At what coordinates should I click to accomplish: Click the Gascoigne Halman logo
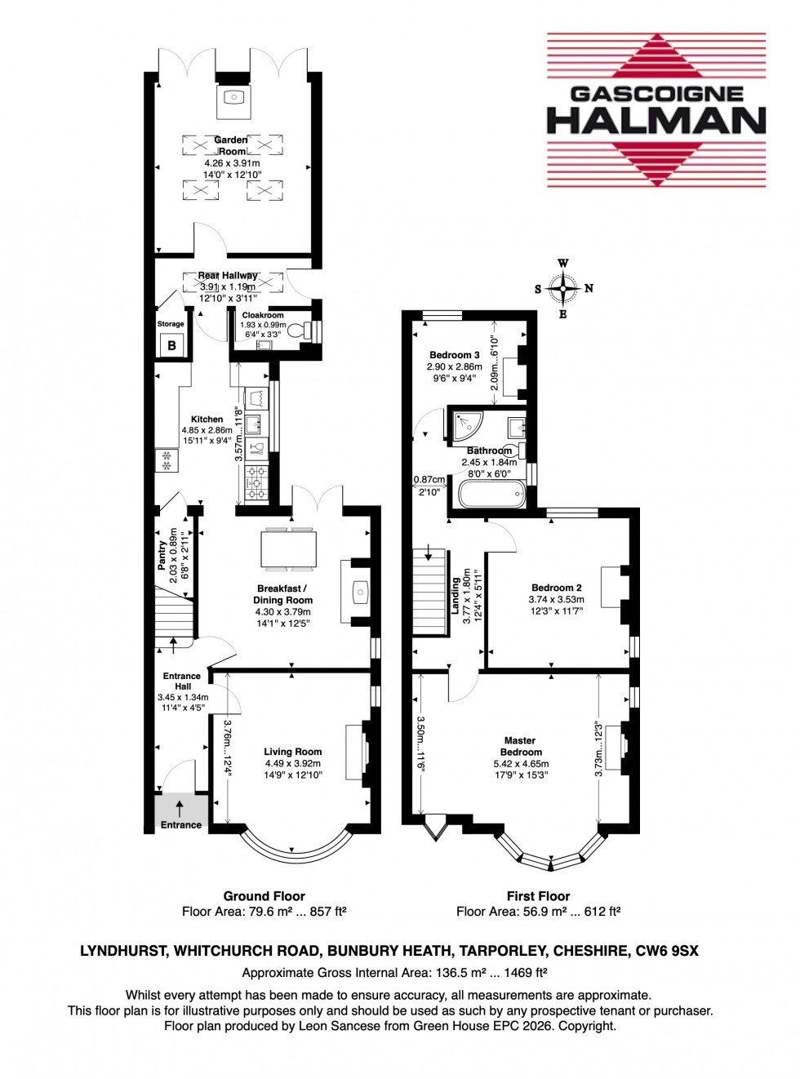click(656, 110)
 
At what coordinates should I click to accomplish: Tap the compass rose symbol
click(563, 288)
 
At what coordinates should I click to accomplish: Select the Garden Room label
click(231, 145)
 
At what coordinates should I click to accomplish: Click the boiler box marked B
click(171, 345)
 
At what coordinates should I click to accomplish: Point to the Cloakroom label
click(263, 315)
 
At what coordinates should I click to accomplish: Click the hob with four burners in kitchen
click(256, 483)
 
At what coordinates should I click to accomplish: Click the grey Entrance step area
click(180, 810)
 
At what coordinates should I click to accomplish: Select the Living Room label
click(292, 752)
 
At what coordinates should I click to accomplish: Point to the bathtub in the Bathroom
click(492, 495)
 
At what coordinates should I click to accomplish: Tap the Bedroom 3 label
click(454, 355)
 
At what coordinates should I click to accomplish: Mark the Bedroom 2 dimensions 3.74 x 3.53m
click(556, 599)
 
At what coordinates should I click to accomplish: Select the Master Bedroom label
click(520, 746)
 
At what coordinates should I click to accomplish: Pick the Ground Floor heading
click(264, 895)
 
